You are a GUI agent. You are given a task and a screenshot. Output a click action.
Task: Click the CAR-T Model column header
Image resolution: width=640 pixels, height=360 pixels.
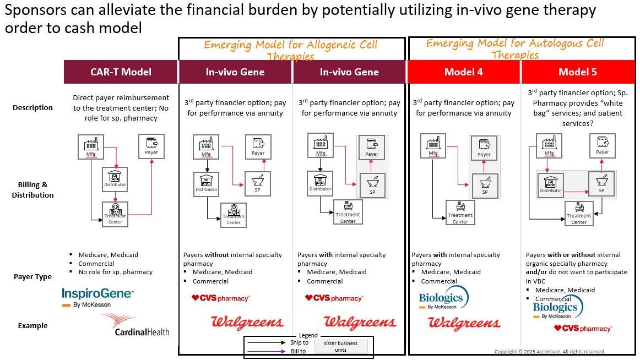[x=121, y=72]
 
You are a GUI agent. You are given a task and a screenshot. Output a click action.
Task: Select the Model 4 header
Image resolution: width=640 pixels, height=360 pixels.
[x=463, y=72]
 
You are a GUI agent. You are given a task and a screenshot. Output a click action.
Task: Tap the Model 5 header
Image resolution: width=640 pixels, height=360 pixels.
[x=577, y=72]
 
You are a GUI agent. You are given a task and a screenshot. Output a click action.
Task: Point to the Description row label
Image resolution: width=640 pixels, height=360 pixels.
[x=33, y=108]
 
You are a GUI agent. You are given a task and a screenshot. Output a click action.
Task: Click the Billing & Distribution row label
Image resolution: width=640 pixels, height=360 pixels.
[x=33, y=190]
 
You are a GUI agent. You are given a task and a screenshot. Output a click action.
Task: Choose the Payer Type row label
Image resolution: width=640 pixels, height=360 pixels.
[x=33, y=277]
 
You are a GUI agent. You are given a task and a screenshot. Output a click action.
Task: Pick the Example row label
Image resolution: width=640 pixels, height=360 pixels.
[x=33, y=325]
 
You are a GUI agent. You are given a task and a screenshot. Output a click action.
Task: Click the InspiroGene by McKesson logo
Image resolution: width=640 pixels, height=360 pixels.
[x=97, y=297]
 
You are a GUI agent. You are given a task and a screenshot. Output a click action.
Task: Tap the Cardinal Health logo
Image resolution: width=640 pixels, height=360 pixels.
[x=135, y=325]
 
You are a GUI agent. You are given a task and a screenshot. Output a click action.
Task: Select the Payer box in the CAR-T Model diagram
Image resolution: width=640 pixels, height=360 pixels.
[x=151, y=146]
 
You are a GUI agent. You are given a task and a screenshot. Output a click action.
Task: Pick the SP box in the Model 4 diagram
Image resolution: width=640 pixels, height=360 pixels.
[x=485, y=186]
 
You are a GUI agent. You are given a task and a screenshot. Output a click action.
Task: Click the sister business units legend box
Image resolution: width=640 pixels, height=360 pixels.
[x=340, y=347]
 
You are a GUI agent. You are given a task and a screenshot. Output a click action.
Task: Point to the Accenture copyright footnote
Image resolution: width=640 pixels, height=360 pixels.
[x=549, y=351]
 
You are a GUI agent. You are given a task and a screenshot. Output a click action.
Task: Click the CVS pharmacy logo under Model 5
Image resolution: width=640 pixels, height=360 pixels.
[x=582, y=329]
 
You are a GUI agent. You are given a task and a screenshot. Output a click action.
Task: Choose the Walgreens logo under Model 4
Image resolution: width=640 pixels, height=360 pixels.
[x=464, y=323]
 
